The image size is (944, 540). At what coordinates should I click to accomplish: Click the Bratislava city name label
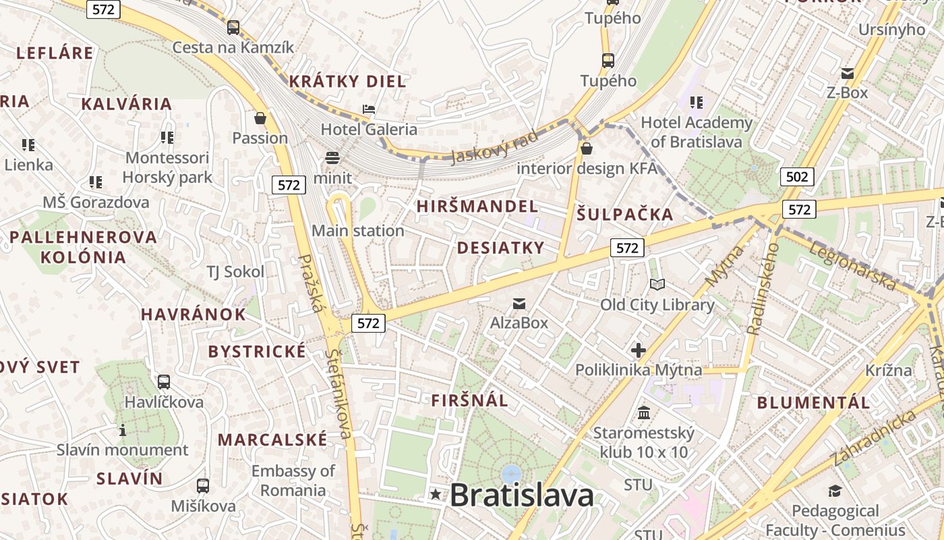click(x=521, y=495)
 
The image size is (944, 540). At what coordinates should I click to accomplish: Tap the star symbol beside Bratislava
click(x=436, y=495)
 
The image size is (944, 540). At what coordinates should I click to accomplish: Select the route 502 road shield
click(x=797, y=177)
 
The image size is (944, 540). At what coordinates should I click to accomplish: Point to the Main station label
click(x=357, y=231)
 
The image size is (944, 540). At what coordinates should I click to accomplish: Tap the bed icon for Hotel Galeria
click(x=368, y=109)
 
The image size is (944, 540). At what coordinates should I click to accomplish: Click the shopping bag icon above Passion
click(x=260, y=118)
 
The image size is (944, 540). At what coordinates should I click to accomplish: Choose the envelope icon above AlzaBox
click(x=519, y=304)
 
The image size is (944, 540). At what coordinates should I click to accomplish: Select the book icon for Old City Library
click(x=657, y=286)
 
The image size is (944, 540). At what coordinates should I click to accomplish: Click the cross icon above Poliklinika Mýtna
click(x=638, y=350)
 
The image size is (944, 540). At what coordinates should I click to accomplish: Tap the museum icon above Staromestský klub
click(x=643, y=412)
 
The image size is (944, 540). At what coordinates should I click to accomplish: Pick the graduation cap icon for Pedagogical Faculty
click(x=835, y=491)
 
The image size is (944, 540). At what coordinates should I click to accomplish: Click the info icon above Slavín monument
click(x=123, y=430)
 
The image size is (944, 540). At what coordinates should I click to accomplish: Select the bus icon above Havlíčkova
click(x=163, y=382)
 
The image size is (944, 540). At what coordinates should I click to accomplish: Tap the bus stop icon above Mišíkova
click(x=202, y=485)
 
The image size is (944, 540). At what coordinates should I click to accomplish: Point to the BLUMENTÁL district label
click(x=813, y=403)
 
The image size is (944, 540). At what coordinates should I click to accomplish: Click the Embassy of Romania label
click(x=293, y=480)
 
